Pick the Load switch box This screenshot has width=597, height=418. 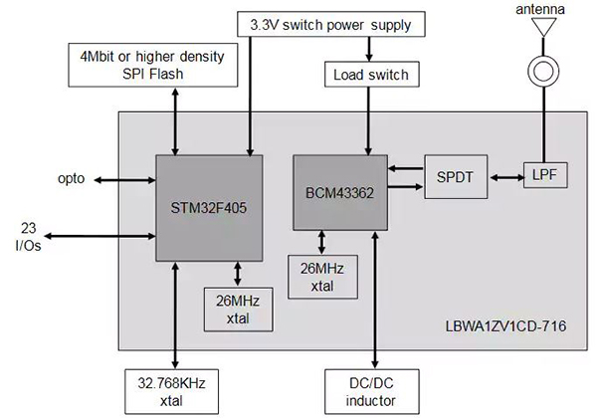(x=368, y=75)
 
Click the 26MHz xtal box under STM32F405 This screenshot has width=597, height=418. (x=237, y=310)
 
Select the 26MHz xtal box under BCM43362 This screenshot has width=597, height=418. (x=320, y=275)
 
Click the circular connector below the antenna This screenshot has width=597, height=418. (x=542, y=72)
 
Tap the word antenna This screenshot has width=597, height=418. (x=542, y=9)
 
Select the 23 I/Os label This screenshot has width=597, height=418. (x=34, y=234)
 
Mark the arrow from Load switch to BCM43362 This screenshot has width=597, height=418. (x=368, y=119)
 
